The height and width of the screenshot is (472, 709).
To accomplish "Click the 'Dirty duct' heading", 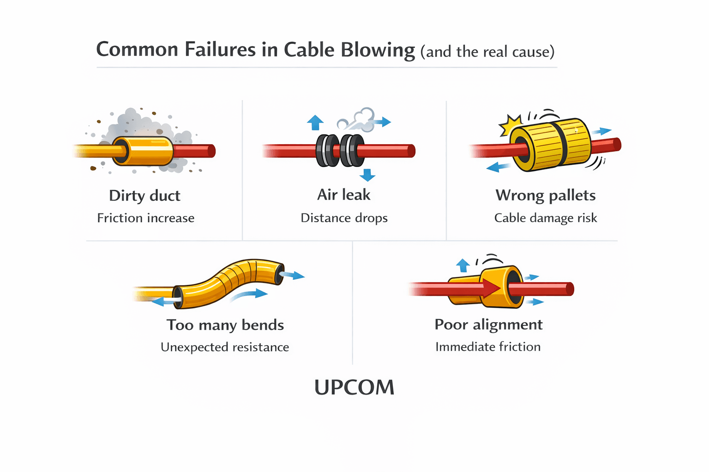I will (144, 196).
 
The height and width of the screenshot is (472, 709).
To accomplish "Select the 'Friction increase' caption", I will (145, 218).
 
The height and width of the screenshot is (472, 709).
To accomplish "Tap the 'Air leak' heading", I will (344, 195).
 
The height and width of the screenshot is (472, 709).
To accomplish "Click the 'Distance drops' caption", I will (344, 218).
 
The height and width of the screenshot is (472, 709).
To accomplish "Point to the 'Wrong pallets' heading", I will (546, 196).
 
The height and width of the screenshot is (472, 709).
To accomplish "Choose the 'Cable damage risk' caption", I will (546, 218).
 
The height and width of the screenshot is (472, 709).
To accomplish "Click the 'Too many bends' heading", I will (225, 325).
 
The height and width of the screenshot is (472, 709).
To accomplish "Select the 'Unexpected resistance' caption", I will (225, 347).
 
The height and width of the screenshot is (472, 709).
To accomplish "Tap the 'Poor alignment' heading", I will (488, 325).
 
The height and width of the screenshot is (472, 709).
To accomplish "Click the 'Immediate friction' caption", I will (488, 347).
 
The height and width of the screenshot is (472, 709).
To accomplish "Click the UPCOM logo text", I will (354, 388).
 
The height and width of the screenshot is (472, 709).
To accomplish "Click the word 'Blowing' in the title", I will (378, 50).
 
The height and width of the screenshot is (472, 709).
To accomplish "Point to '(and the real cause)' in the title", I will (487, 52).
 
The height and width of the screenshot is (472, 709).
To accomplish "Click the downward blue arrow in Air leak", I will (367, 175).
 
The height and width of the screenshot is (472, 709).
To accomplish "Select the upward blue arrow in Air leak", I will (315, 123).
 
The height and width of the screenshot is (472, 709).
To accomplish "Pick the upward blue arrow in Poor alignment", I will (463, 265).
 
